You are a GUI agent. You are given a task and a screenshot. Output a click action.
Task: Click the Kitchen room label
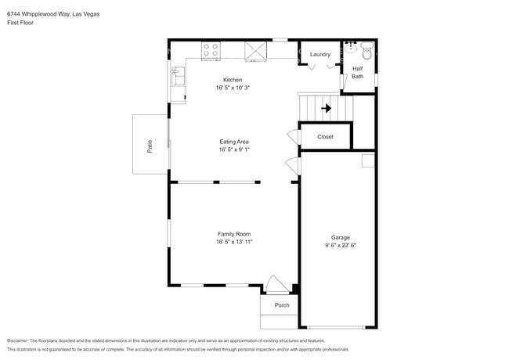233,80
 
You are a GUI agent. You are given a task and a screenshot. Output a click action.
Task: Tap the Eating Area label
234,142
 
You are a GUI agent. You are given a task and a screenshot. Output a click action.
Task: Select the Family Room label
234,234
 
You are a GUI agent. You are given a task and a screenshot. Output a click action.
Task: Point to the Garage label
340,237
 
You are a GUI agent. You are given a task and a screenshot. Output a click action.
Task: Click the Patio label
150,145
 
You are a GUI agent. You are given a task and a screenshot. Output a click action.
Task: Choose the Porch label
281,305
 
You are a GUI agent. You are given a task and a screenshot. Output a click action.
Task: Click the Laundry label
320,54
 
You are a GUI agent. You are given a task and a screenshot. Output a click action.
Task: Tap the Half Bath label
357,72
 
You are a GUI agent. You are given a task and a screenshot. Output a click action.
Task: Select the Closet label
325,137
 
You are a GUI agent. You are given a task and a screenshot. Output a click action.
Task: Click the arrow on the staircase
326,108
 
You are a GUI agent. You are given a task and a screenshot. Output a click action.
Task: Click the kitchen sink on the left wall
177,77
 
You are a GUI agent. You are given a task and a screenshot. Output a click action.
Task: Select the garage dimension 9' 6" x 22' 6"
340,246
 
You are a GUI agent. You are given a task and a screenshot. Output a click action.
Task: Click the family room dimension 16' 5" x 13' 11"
234,243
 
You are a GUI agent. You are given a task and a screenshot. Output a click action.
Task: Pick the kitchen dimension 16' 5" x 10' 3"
233,88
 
